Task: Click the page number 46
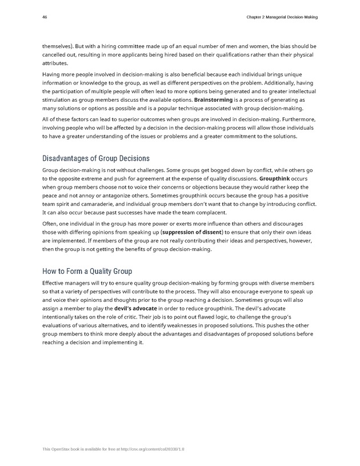coord(45,17)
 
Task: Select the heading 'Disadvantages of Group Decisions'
coord(96,158)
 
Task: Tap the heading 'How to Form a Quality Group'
coord(87,271)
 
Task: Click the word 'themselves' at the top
coord(58,46)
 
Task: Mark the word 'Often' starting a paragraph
coord(51,225)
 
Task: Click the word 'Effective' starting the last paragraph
coord(56,283)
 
